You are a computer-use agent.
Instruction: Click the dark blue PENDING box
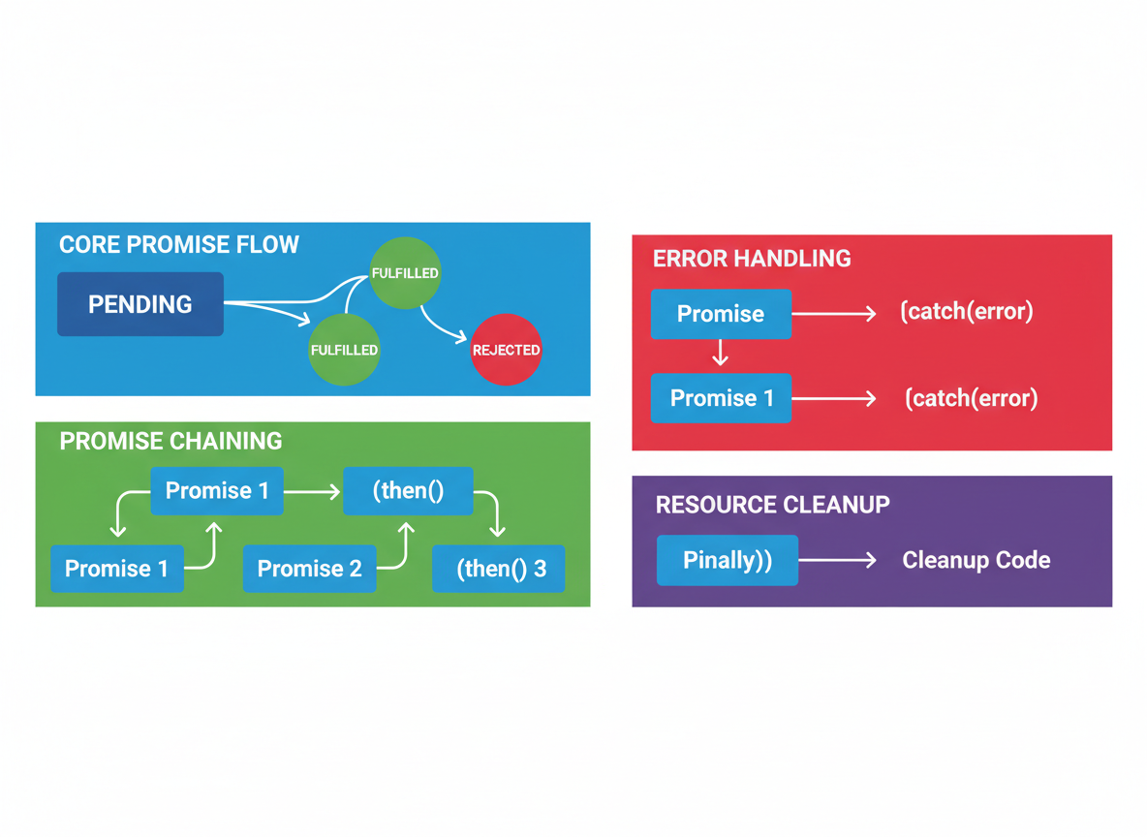pyautogui.click(x=140, y=304)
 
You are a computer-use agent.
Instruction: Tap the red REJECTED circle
pyautogui.click(x=506, y=350)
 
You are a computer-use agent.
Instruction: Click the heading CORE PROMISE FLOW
pyautogui.click(x=178, y=244)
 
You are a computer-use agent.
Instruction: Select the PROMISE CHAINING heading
pyautogui.click(x=170, y=441)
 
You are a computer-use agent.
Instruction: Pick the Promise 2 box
pyautogui.click(x=309, y=569)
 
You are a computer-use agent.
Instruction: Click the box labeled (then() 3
pyautogui.click(x=499, y=569)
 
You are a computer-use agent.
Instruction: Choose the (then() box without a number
pyautogui.click(x=408, y=491)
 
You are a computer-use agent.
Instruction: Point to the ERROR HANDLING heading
pyautogui.click(x=752, y=259)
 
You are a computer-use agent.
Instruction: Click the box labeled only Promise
pyautogui.click(x=722, y=314)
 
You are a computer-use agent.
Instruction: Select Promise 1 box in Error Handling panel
pyautogui.click(x=722, y=398)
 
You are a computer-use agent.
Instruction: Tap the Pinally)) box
pyautogui.click(x=728, y=561)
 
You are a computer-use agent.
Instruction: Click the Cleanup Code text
pyautogui.click(x=976, y=560)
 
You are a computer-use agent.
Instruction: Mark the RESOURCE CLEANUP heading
pyautogui.click(x=772, y=504)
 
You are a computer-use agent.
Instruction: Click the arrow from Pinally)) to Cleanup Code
pyautogui.click(x=838, y=561)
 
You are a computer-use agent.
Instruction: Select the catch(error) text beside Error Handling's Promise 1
pyautogui.click(x=972, y=398)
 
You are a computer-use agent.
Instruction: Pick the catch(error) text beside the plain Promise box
pyautogui.click(x=966, y=311)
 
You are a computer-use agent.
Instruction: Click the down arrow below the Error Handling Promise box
pyautogui.click(x=721, y=353)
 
